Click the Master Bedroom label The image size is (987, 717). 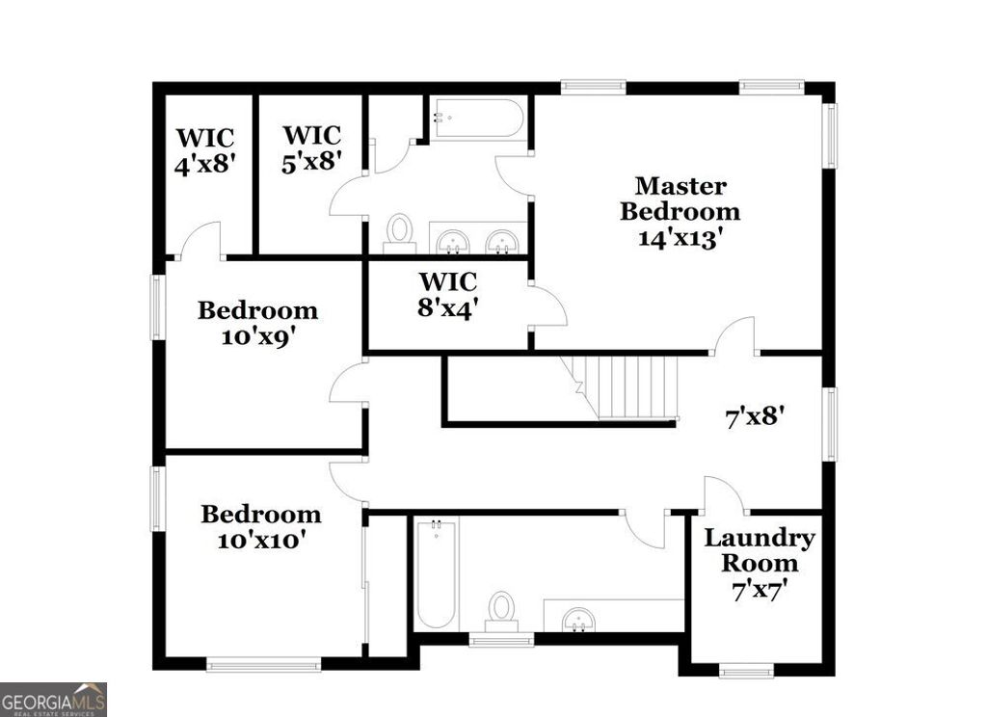pyautogui.click(x=680, y=198)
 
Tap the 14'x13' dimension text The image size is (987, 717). pyautogui.click(x=680, y=238)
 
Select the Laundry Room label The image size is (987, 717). pyautogui.click(x=759, y=550)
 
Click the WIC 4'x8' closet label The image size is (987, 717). pyautogui.click(x=204, y=151)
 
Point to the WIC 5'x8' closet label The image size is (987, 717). pyautogui.click(x=312, y=147)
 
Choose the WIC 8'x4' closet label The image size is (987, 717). pyautogui.click(x=448, y=296)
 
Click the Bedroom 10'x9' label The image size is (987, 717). pyautogui.click(x=257, y=323)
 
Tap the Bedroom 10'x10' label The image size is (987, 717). pyautogui.click(x=260, y=527)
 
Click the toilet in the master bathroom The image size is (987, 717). pyautogui.click(x=399, y=232)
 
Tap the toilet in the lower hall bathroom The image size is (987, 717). pyautogui.click(x=500, y=609)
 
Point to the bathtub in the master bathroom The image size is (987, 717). pyautogui.click(x=477, y=119)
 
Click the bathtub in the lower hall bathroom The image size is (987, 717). pyautogui.click(x=437, y=573)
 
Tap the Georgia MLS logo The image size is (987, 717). pyautogui.click(x=53, y=699)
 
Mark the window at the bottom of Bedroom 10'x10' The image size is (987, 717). pyautogui.click(x=263, y=663)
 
